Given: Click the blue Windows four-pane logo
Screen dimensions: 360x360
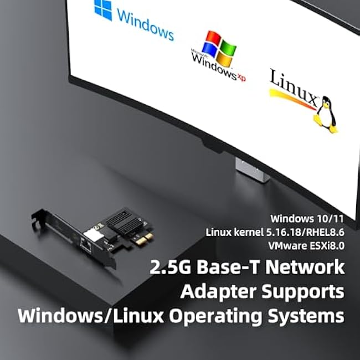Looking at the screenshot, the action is pos(103,9).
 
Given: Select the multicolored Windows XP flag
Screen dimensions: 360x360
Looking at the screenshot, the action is pos(219,48).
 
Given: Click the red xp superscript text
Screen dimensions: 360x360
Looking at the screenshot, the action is pos(241,78).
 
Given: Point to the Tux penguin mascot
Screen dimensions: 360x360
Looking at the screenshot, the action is pos(326,114).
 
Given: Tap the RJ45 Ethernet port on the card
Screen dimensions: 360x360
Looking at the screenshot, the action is pos(86,245).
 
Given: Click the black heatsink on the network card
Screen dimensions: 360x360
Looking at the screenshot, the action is pos(125,222).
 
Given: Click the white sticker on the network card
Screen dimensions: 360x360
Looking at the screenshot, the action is pos(94,235).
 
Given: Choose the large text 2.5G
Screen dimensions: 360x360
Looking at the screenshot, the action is pos(171,267).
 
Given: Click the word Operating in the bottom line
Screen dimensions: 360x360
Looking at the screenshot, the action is pos(215,316).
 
